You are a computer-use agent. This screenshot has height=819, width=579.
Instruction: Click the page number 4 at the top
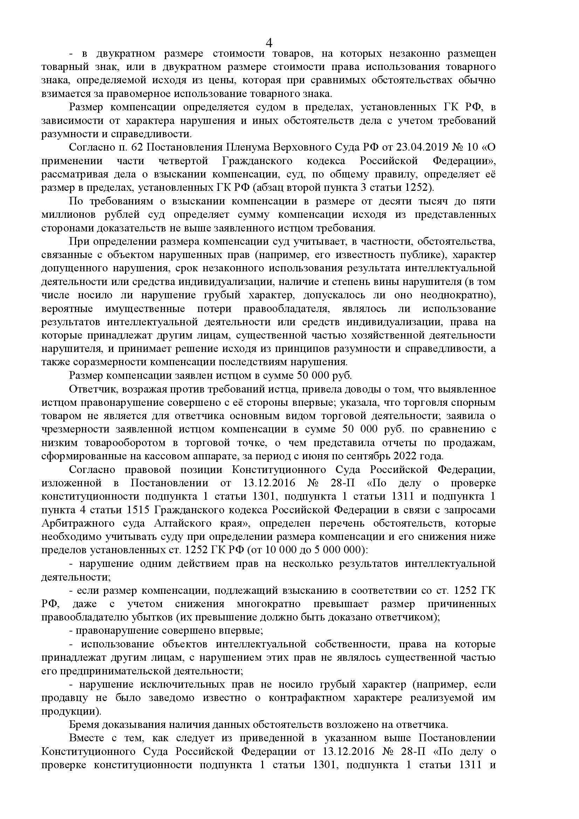[269, 43]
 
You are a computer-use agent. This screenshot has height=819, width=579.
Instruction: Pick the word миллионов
[69, 215]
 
